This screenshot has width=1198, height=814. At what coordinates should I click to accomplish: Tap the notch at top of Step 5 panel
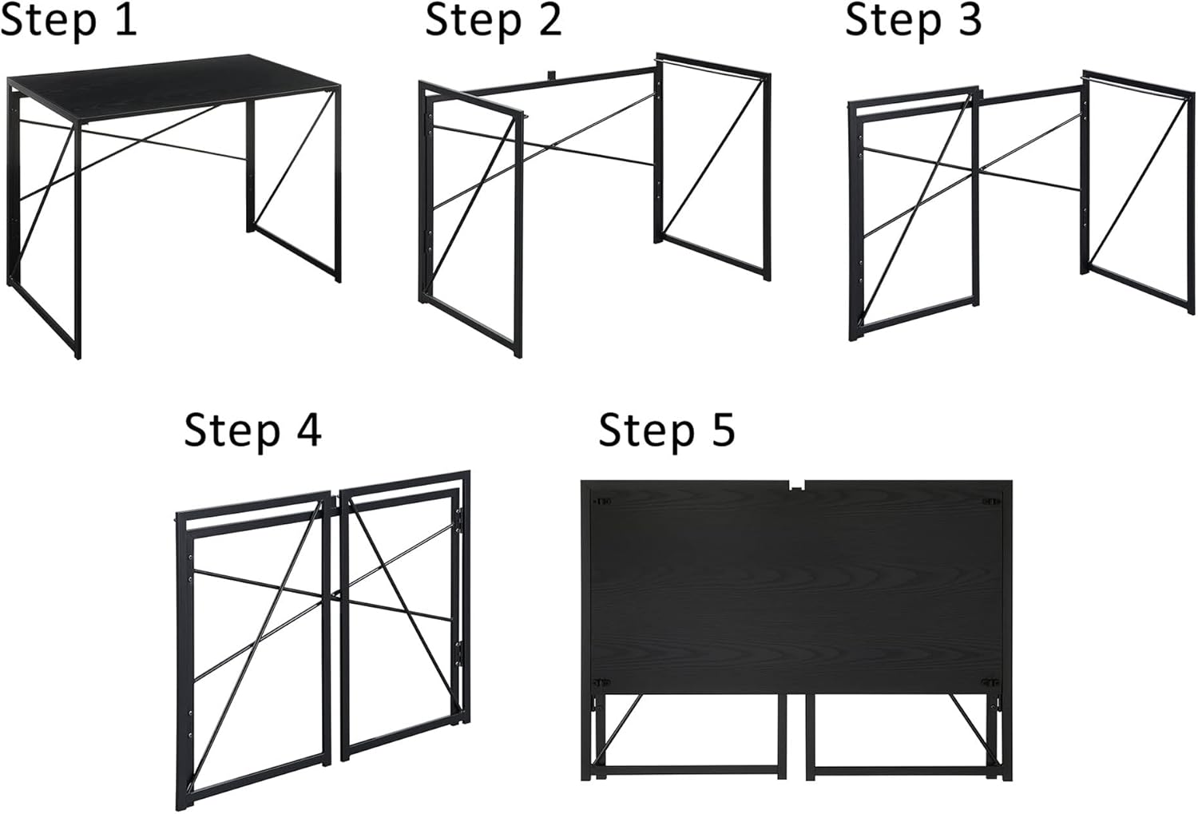[x=796, y=486]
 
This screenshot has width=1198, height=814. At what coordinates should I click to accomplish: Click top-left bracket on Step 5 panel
[x=602, y=502]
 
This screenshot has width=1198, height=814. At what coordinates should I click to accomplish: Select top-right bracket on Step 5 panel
[x=990, y=502]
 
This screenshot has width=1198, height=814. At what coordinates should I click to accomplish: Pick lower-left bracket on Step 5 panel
[x=602, y=683]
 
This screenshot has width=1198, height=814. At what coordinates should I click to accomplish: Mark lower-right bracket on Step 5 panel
[x=990, y=683]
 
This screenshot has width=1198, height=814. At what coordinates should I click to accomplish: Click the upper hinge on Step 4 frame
[x=459, y=518]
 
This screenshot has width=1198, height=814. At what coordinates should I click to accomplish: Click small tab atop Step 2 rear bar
[x=551, y=75]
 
